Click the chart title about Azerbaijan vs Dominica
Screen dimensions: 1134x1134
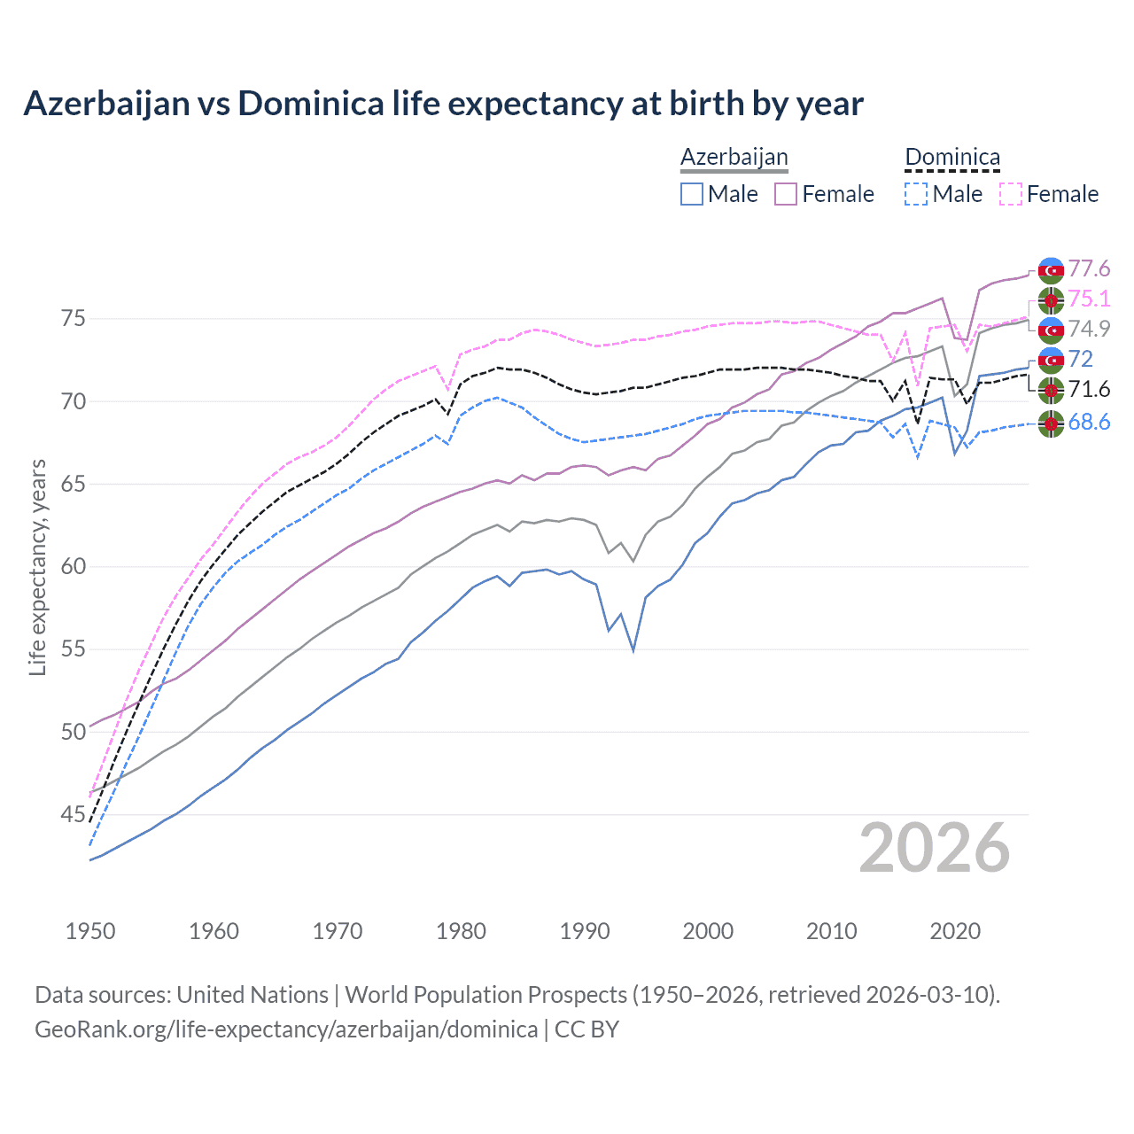(443, 104)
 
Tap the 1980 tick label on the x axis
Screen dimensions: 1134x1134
(461, 931)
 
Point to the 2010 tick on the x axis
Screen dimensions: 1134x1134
(831, 931)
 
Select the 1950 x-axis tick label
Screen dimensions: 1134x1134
(90, 931)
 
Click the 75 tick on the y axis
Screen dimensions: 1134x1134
(74, 318)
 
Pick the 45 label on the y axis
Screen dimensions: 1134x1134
(74, 814)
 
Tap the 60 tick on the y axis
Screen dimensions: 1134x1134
(74, 566)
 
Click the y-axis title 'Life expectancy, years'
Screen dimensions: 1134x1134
(37, 567)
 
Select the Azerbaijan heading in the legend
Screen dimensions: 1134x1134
(734, 158)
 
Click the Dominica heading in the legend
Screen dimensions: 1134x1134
(952, 158)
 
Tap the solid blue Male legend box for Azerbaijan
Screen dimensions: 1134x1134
(692, 194)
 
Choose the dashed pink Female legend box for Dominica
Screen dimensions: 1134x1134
(1011, 194)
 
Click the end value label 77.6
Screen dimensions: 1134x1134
(1089, 268)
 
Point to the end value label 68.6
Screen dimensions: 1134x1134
(1089, 423)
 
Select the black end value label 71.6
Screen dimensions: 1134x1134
(1089, 390)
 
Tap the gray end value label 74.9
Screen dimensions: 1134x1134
(1089, 329)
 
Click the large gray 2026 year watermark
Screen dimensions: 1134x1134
(935, 848)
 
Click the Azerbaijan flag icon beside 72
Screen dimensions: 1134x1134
(1051, 360)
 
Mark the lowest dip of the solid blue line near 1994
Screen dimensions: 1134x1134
(633, 650)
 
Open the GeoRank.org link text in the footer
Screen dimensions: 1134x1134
(286, 1029)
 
